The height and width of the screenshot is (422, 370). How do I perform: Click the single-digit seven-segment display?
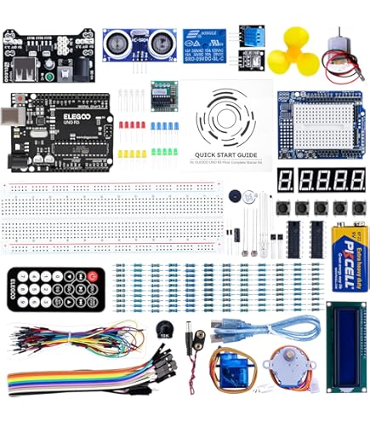pos(284,180)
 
